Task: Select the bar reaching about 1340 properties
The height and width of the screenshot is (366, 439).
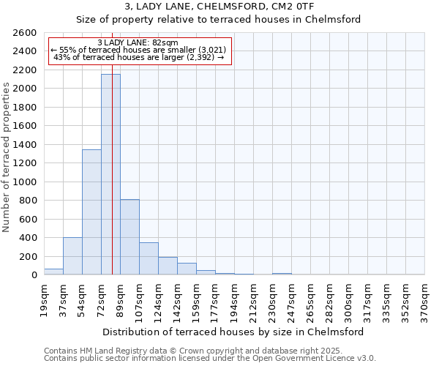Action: pos(91,212)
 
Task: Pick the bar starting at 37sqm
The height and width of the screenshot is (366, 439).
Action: pos(72,256)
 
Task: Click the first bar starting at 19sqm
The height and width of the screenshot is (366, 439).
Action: pos(53,272)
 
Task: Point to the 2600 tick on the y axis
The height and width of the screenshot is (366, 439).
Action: pos(26,33)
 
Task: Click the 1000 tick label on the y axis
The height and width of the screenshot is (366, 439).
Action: pos(26,182)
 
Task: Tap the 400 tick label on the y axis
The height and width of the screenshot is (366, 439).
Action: pos(29,238)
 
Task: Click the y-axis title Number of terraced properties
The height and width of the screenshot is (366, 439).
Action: pos(7,157)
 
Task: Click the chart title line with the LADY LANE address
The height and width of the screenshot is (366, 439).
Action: pos(219,7)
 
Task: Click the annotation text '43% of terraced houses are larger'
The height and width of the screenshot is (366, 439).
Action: pos(139,57)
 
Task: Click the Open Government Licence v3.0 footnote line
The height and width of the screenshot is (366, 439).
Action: pos(210,359)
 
